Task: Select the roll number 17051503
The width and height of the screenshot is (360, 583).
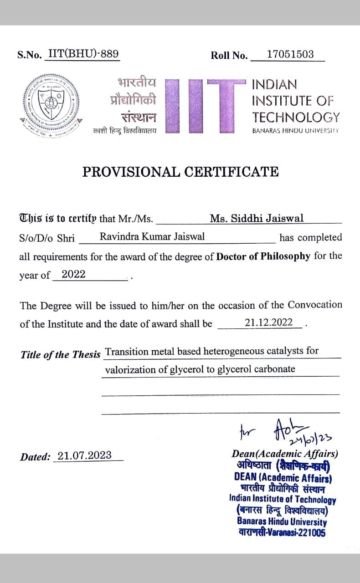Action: [290, 54]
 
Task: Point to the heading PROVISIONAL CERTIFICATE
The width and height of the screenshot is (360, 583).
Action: [180, 172]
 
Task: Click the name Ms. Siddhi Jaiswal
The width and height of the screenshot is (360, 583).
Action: [257, 218]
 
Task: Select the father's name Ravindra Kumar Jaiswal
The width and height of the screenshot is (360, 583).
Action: [152, 236]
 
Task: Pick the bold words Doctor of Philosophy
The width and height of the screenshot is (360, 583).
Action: [263, 256]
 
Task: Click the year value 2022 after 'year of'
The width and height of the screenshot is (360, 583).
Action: [73, 274]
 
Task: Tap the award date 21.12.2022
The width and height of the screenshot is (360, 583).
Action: [268, 322]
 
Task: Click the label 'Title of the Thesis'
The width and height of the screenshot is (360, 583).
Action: [60, 355]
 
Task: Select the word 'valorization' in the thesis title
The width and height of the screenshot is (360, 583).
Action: [130, 369]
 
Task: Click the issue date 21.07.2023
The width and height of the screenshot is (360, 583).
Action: [85, 455]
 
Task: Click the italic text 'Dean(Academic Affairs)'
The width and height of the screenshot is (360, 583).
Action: [285, 454]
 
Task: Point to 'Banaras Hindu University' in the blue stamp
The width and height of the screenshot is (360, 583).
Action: [282, 522]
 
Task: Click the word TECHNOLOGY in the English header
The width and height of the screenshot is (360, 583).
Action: [296, 117]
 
